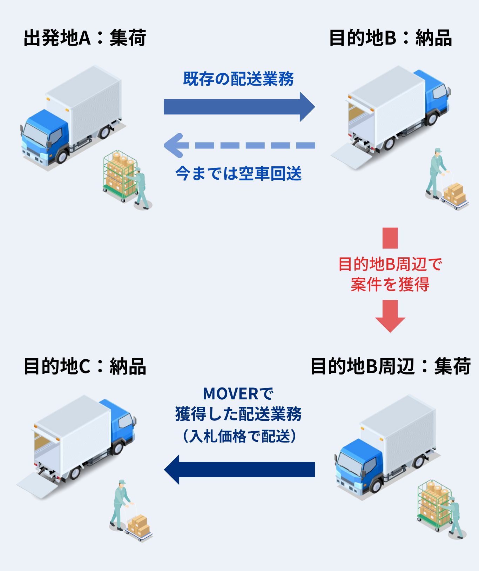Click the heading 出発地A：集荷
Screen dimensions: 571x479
(x=85, y=38)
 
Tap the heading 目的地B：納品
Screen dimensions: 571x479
(x=390, y=38)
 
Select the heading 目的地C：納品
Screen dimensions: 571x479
(x=85, y=366)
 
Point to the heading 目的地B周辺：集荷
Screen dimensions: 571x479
(x=390, y=366)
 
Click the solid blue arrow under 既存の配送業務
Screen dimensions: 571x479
(x=238, y=107)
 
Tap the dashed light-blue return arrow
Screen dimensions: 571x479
(x=238, y=145)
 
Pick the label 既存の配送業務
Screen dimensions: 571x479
(x=238, y=79)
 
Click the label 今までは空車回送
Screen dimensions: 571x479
(x=238, y=173)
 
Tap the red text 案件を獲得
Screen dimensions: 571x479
(x=390, y=284)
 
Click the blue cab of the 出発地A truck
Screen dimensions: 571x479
(x=44, y=133)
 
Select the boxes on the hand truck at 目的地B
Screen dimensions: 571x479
(x=454, y=194)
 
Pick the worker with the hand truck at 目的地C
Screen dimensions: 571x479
(x=121, y=504)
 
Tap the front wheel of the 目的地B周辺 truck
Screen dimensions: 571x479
(x=376, y=486)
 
